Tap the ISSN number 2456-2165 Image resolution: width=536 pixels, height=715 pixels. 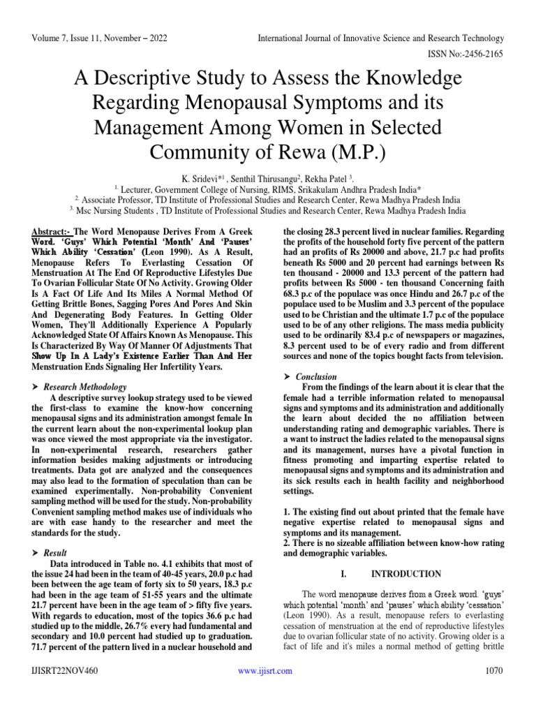tap(484, 52)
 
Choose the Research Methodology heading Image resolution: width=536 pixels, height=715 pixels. tap(85, 386)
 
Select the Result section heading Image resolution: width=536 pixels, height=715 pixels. tap(58, 552)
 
